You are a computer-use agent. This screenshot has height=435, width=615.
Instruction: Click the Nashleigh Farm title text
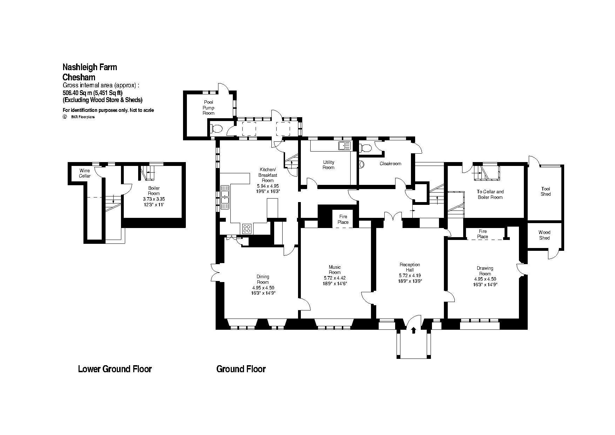coord(90,67)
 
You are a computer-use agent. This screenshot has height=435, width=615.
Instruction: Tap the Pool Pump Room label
coord(208,108)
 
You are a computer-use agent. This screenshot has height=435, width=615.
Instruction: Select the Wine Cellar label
coord(85,173)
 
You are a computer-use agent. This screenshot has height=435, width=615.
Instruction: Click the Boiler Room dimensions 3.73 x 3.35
coord(154,199)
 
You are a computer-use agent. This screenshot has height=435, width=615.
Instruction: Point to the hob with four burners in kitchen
coord(247,228)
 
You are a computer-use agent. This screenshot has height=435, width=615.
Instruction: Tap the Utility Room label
coord(329,165)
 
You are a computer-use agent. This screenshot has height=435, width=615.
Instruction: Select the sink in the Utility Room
coord(344,146)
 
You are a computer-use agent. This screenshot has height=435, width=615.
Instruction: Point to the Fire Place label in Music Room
coord(343,219)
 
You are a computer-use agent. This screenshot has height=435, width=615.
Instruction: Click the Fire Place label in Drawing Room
coord(482,234)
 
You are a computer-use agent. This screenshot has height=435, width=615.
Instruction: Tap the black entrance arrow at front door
coord(413,330)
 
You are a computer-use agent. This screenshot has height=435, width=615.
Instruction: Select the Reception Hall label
coord(410,267)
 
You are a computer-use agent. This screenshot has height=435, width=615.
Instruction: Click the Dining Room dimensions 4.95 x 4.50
coord(263,287)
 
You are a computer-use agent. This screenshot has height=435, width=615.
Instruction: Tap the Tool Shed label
coord(546,191)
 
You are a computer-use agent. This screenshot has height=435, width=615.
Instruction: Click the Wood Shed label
coord(544,235)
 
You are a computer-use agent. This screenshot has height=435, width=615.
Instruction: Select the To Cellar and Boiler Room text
coord(490,194)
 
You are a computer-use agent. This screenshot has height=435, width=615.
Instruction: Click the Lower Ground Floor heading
coord(115,369)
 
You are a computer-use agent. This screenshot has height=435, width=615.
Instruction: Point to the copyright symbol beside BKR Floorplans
coord(65,117)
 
